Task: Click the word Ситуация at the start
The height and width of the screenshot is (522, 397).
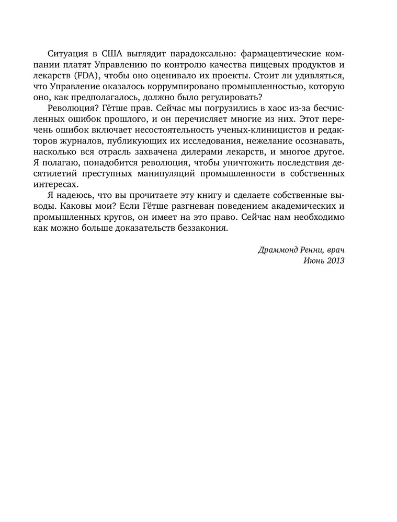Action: (x=66, y=54)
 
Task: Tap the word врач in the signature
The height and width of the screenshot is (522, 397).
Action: (x=334, y=250)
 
